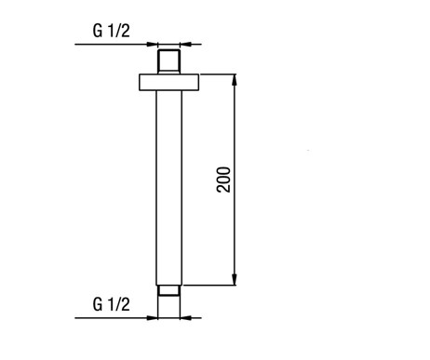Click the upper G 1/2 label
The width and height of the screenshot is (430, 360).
[x=112, y=31]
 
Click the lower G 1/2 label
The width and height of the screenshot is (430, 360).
[x=112, y=304]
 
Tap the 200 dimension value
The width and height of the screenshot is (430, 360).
[x=224, y=180]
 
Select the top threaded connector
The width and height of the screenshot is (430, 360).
[x=168, y=61]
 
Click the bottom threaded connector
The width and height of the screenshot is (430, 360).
[x=168, y=290]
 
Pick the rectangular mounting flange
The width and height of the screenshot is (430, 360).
[x=168, y=82]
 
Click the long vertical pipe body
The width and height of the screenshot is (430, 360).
[x=169, y=188]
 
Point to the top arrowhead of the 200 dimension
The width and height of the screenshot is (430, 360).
[x=235, y=80]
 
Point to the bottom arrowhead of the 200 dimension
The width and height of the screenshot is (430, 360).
[x=235, y=279]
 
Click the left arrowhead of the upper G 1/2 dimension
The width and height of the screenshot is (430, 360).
[x=153, y=45]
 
